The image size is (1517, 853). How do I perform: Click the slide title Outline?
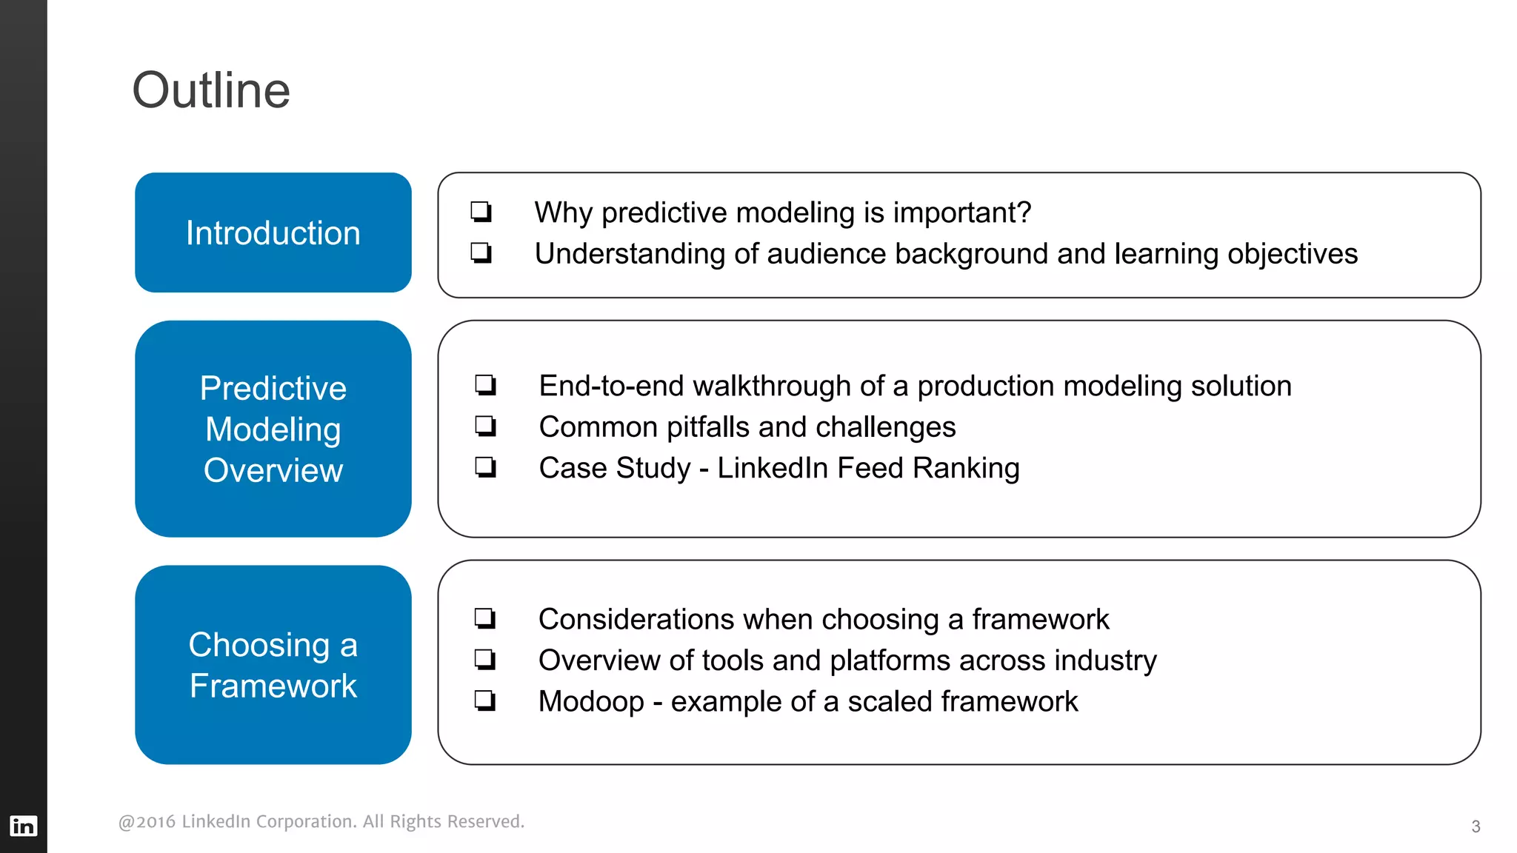tap(211, 90)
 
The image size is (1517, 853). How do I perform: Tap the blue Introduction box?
tap(273, 233)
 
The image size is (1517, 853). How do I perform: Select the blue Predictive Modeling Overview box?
tap(273, 429)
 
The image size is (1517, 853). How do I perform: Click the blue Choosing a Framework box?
tap(273, 665)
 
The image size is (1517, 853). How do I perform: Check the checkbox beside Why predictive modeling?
tap(481, 213)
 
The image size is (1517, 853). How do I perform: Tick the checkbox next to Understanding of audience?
tap(481, 253)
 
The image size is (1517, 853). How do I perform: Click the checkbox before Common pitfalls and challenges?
tap(486, 426)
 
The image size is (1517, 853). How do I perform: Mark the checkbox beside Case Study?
tap(486, 467)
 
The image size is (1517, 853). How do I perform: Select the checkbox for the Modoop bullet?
tap(485, 700)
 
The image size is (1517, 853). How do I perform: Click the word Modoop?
tap(591, 702)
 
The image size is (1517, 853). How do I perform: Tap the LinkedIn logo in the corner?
tap(23, 826)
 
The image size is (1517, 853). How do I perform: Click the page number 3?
tap(1476, 826)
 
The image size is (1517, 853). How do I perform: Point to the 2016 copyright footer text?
tap(321, 821)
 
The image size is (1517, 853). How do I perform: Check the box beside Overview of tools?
tap(485, 659)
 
